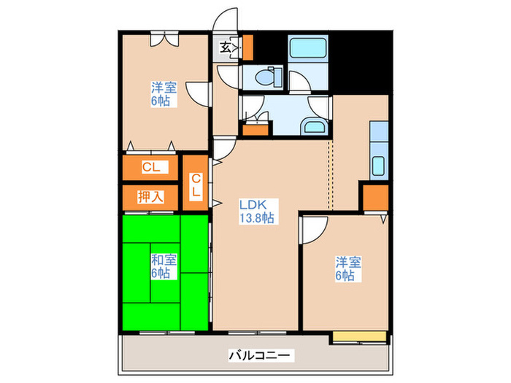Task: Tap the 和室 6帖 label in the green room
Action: pos(161,266)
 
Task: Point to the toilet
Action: pos(267,76)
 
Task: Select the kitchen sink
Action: pos(378,165)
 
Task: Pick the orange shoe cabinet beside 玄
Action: pos(247,47)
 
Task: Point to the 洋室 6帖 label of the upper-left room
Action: pos(161,95)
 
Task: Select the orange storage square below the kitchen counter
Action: pos(375,197)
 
